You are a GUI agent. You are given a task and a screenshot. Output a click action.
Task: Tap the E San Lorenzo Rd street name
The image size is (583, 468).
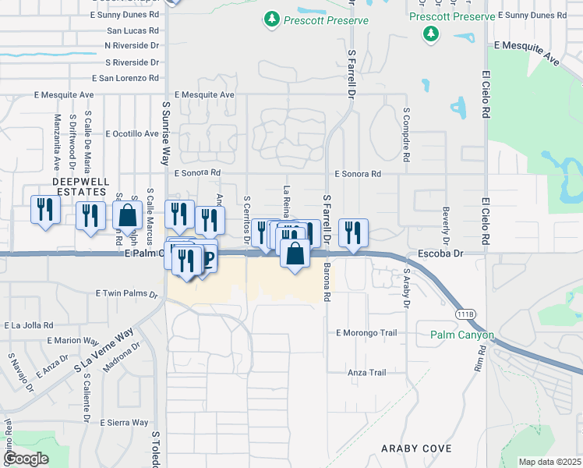[125, 78]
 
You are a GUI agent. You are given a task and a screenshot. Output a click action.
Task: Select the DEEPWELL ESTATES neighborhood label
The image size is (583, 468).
[79, 186]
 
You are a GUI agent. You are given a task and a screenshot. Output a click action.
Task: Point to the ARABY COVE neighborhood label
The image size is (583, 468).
[415, 448]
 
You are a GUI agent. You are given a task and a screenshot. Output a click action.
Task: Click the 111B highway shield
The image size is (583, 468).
[465, 313]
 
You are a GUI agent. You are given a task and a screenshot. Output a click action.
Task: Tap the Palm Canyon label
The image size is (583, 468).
[462, 335]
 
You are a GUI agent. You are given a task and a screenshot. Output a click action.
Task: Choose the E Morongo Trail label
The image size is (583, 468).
[366, 333]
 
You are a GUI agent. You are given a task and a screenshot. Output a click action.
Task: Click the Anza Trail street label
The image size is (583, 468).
[366, 373]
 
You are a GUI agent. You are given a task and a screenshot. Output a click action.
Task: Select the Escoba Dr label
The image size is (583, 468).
[440, 253]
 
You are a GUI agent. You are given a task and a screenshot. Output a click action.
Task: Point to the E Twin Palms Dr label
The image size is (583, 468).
[126, 294]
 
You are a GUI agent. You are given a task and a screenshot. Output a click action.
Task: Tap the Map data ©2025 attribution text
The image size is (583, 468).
[549, 462]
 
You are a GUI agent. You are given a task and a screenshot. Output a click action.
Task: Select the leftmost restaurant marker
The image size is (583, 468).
[44, 210]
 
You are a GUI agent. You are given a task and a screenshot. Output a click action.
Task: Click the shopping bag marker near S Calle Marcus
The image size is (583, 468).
[127, 216]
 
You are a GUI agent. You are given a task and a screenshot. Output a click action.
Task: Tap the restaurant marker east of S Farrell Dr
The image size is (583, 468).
[353, 232]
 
